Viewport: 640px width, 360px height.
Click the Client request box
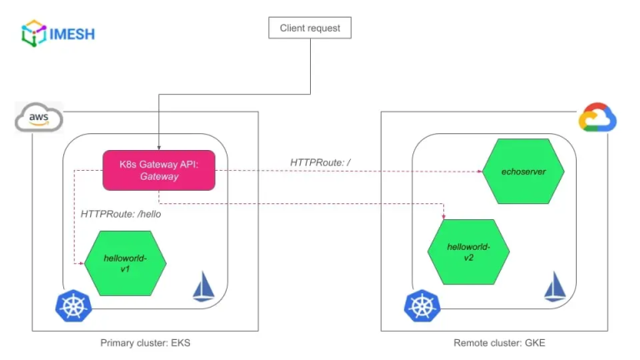pos(309,28)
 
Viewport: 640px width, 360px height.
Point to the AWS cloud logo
pos(38,118)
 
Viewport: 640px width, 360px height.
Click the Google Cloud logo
pos(597,118)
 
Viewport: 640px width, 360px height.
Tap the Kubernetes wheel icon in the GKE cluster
pos(422,306)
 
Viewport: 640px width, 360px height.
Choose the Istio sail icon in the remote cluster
pos(556,286)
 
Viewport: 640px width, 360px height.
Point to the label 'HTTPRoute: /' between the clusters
pos(325,161)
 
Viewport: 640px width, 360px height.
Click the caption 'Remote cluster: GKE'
pos(499,343)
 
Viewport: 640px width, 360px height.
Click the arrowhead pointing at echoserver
pos(480,172)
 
